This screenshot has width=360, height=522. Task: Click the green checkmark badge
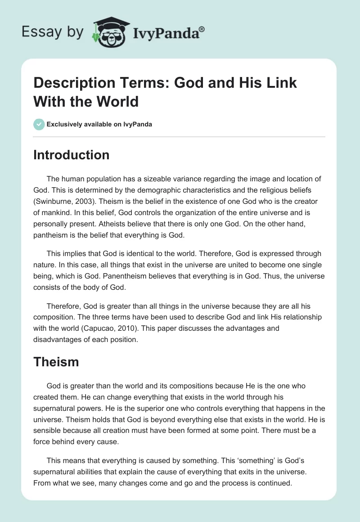[x=39, y=124]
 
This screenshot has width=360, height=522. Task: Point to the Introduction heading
[x=71, y=155]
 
